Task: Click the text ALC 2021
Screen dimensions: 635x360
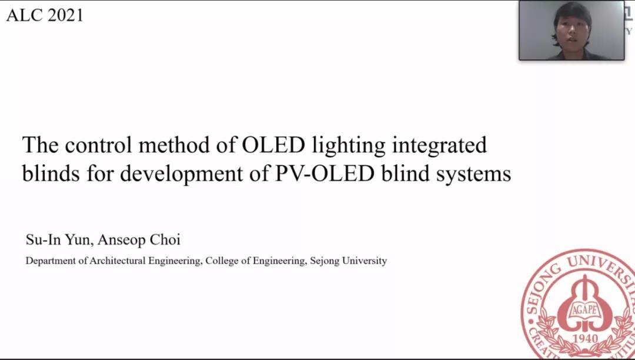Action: point(45,15)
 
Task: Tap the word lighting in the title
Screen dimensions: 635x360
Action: point(349,146)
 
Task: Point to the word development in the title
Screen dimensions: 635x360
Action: point(182,175)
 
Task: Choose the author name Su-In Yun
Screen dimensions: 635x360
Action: point(60,240)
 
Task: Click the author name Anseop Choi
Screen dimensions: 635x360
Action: point(139,240)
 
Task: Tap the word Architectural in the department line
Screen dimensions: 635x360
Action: point(118,261)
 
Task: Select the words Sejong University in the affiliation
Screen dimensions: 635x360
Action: point(348,261)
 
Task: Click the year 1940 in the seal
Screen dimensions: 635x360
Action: point(584,338)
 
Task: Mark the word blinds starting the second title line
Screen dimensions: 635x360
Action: point(51,174)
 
